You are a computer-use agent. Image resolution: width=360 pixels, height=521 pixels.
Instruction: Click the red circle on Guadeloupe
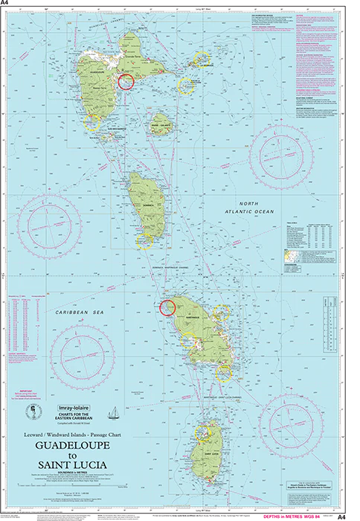[126, 81]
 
